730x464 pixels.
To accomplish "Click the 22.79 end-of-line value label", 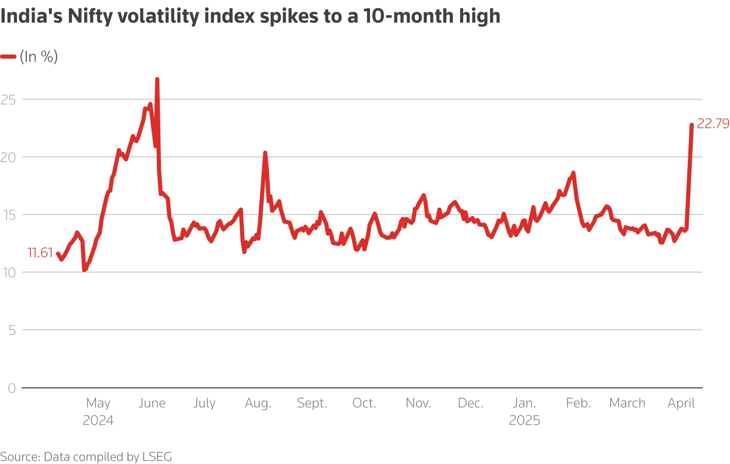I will click(x=713, y=124).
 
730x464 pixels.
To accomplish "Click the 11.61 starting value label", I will click(x=40, y=253).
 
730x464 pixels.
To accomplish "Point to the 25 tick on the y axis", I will click(x=8, y=99).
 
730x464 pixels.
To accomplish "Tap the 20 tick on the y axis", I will click(x=8, y=157).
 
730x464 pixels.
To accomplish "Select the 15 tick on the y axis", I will click(x=8, y=215).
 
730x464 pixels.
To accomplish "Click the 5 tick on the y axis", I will click(x=11, y=330).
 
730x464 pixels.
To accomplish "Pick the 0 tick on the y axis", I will click(x=11, y=388).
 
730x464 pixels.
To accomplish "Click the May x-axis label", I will click(x=98, y=403).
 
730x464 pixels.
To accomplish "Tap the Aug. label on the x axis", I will click(x=258, y=403).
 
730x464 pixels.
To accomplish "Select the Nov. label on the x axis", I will click(x=418, y=403).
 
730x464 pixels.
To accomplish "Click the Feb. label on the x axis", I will click(x=578, y=403).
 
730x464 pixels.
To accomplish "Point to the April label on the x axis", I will click(x=681, y=403).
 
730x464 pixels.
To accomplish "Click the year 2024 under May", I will click(x=98, y=420).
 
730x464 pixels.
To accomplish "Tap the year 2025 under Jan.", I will click(x=524, y=420).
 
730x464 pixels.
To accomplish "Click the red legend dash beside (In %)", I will click(x=8, y=57).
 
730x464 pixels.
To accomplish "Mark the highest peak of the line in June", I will click(x=157, y=80).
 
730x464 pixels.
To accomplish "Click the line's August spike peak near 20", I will click(x=265, y=153).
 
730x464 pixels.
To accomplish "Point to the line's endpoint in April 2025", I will click(x=691, y=125).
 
